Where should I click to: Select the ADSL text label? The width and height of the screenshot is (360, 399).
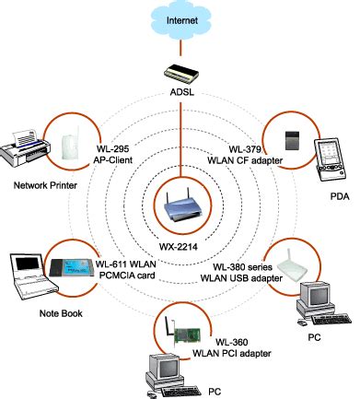point(180,93)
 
